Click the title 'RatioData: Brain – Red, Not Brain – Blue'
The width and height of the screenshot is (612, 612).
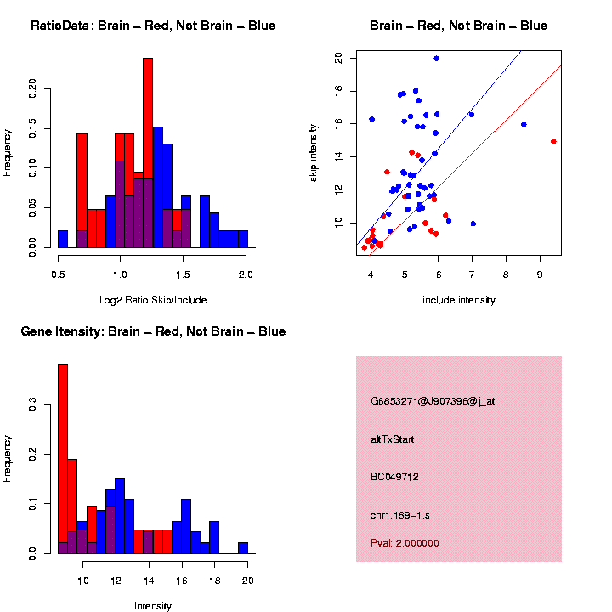coord(153,25)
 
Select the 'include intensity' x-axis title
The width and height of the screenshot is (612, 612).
coord(459,300)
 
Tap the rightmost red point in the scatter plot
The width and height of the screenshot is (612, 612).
coord(553,141)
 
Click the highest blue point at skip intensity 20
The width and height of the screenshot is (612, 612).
coord(436,59)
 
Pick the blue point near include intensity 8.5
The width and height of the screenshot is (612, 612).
coord(524,124)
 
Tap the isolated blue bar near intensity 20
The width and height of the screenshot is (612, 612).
coord(243,547)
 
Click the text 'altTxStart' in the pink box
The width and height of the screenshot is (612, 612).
coord(393,439)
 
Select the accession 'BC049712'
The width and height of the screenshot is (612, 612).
coord(395,477)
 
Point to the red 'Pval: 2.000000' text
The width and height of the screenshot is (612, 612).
coord(405,543)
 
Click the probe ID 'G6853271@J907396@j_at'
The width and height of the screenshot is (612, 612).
coord(433,401)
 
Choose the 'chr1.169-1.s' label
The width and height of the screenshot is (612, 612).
coord(401,515)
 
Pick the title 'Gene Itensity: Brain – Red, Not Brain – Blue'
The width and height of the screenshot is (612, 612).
coord(153,331)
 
